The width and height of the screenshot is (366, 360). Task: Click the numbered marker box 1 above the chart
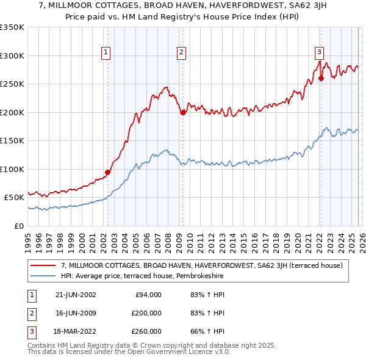(107, 53)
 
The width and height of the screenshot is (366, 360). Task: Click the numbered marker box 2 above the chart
(182, 53)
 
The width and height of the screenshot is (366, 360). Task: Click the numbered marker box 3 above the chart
(319, 53)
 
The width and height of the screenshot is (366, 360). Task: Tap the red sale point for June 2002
(107, 172)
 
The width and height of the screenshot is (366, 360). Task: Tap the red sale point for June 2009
(182, 112)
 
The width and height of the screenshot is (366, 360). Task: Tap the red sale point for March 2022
(320, 78)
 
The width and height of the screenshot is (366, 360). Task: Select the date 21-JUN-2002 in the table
(75, 295)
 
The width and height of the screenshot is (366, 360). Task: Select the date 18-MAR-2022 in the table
(75, 331)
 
